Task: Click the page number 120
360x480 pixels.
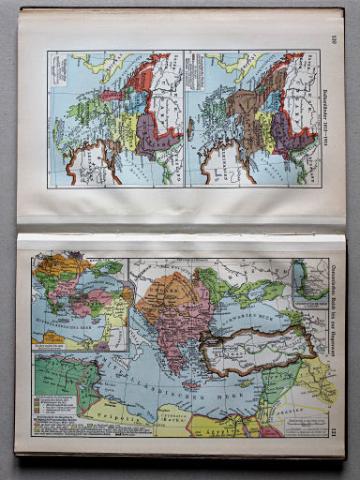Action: (333, 38)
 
